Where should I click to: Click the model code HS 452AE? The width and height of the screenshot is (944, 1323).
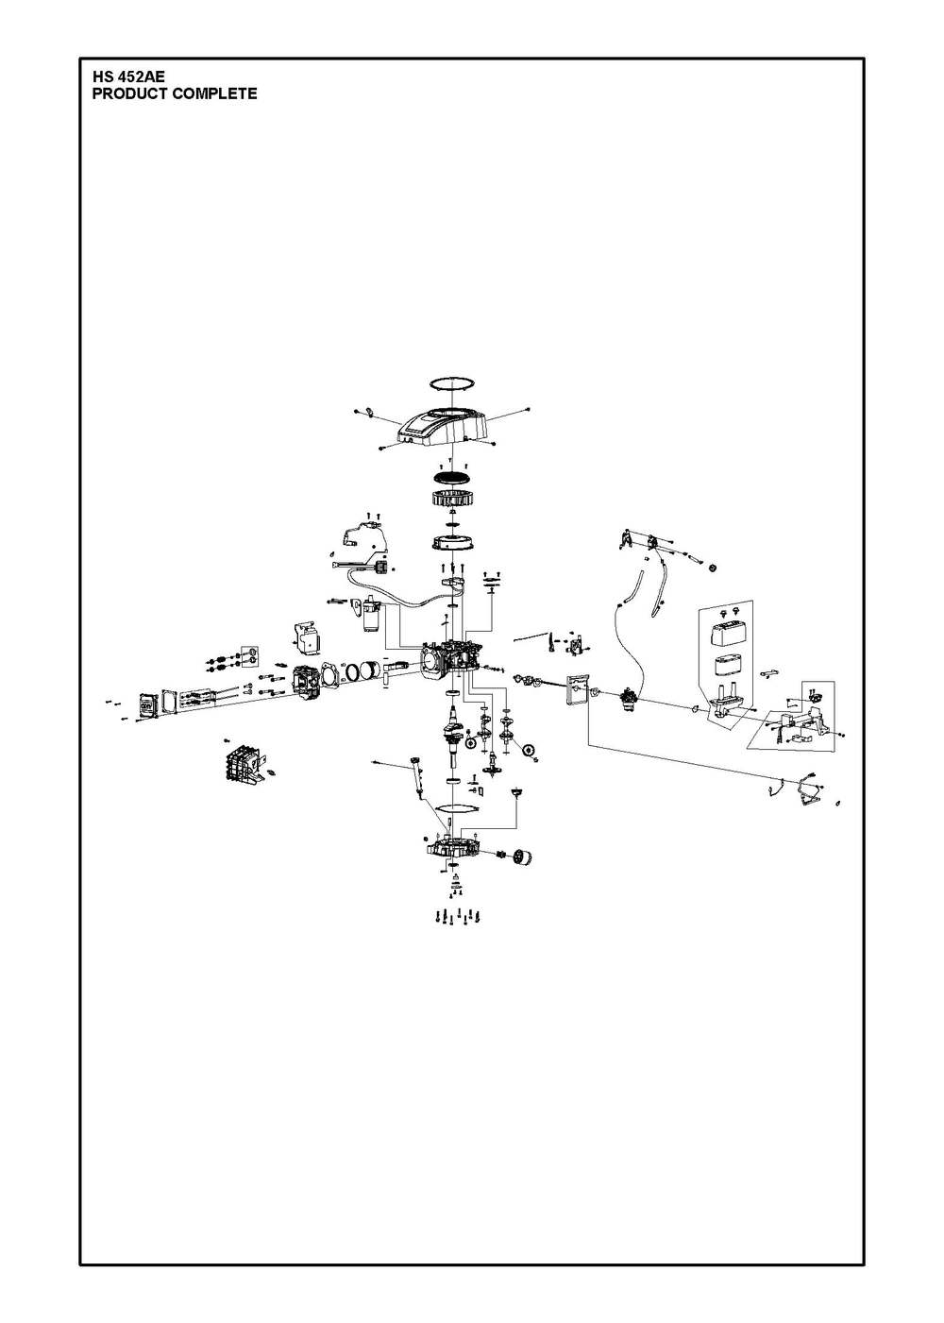coord(128,76)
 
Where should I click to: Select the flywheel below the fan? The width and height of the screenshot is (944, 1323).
coord(451,541)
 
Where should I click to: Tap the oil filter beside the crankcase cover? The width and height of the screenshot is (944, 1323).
coord(522,856)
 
